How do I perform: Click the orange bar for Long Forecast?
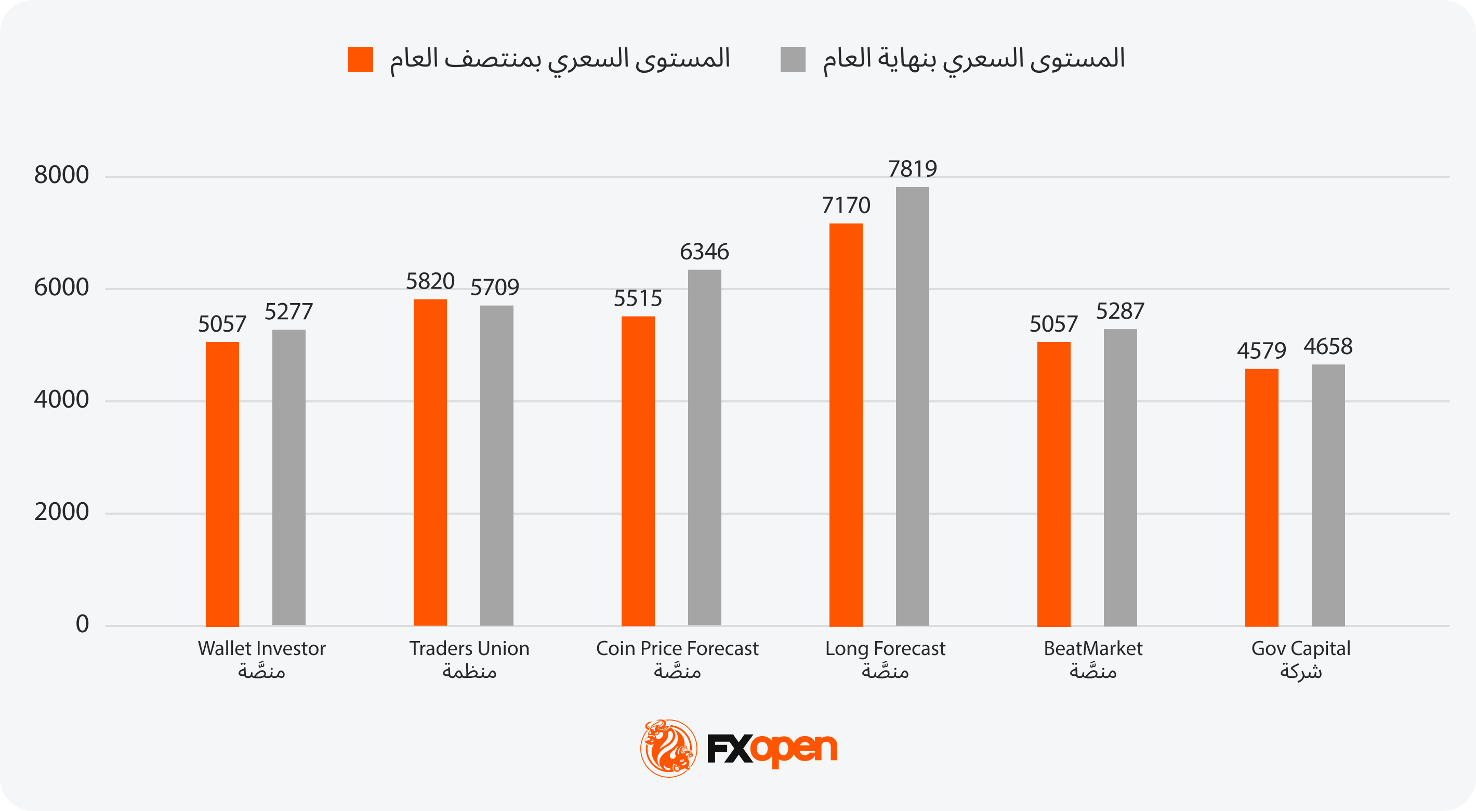(846, 424)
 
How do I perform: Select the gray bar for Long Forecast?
(912, 406)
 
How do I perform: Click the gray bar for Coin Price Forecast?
(704, 447)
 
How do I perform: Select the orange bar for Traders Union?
(430, 462)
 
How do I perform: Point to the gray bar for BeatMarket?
(1120, 477)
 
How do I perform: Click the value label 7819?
(912, 169)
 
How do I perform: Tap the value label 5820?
(430, 281)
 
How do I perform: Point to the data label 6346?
(704, 252)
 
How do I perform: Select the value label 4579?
(1261, 351)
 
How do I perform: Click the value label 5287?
(1120, 311)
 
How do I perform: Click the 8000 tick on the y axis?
(61, 175)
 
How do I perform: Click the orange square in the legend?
(360, 59)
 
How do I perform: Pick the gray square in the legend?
(793, 59)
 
